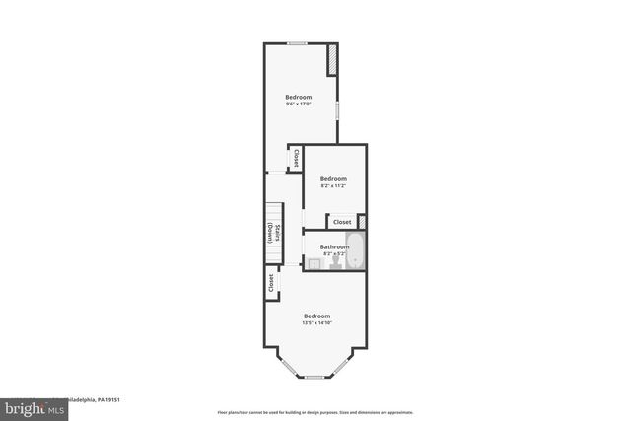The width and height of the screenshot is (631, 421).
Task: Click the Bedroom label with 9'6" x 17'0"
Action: tap(299, 97)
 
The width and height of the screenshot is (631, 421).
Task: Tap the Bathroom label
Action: tap(333, 246)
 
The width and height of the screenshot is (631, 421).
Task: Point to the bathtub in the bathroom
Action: tap(356, 252)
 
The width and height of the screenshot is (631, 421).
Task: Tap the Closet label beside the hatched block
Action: tap(341, 223)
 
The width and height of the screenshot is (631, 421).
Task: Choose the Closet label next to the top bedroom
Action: tap(295, 158)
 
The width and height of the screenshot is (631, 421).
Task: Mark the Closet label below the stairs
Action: tap(270, 284)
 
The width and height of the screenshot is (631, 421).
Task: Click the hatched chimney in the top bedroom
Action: tap(333, 58)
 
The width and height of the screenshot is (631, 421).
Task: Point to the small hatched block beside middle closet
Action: tap(362, 222)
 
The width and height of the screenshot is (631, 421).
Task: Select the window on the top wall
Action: tap(297, 43)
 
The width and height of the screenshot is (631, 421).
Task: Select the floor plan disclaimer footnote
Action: tap(315, 412)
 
